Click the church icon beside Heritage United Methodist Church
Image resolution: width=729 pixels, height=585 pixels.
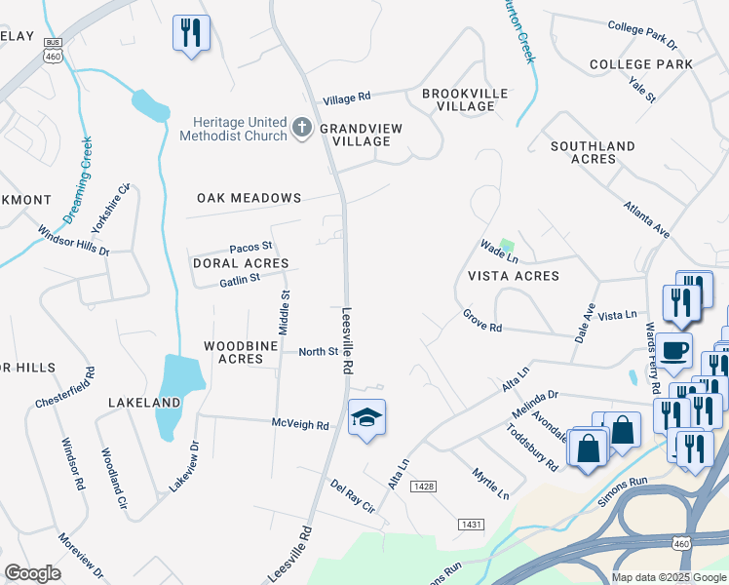pyautogui.click(x=302, y=126)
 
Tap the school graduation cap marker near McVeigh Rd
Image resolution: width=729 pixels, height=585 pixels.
pyautogui.click(x=366, y=418)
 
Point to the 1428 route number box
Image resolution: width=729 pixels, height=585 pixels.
pyautogui.click(x=423, y=487)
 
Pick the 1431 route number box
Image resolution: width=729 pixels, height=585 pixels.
pyautogui.click(x=471, y=525)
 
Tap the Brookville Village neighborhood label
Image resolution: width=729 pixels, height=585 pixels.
pyautogui.click(x=465, y=99)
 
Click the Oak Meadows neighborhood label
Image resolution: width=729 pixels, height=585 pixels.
pyautogui.click(x=249, y=198)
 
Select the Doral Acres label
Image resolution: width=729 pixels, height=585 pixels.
pyautogui.click(x=241, y=263)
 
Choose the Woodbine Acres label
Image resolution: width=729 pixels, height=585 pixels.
pyautogui.click(x=234, y=352)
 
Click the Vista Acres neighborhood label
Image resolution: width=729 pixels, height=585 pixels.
pyautogui.click(x=514, y=276)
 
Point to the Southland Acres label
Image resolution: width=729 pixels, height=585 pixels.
pyautogui.click(x=593, y=152)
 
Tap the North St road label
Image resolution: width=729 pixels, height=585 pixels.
pyautogui.click(x=318, y=352)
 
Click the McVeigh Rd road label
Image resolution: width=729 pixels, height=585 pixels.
pyautogui.click(x=300, y=424)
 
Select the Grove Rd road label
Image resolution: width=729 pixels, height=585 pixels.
pyautogui.click(x=481, y=322)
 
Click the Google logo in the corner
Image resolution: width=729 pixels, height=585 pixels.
pyautogui.click(x=32, y=573)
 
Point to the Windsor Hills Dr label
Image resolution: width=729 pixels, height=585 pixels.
pyautogui.click(x=74, y=241)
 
